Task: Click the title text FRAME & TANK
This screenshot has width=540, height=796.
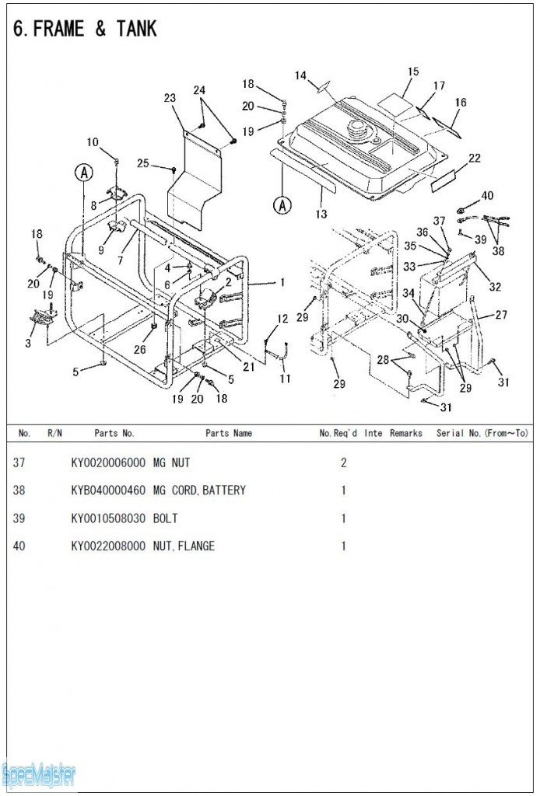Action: pyautogui.click(x=86, y=30)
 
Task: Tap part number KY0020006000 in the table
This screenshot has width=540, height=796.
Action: pyautogui.click(x=107, y=463)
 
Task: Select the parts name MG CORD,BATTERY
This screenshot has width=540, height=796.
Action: pyautogui.click(x=199, y=491)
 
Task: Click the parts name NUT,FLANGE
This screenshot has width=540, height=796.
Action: pyautogui.click(x=184, y=546)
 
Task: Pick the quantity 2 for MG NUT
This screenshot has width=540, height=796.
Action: pyautogui.click(x=343, y=463)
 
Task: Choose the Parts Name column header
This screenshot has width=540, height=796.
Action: pyautogui.click(x=229, y=434)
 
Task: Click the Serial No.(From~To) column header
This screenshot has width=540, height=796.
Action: pyautogui.click(x=482, y=434)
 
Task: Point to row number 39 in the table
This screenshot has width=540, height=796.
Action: pyautogui.click(x=19, y=518)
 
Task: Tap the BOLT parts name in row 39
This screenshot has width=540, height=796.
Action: pyautogui.click(x=166, y=518)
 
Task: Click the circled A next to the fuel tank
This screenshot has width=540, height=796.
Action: pyautogui.click(x=282, y=205)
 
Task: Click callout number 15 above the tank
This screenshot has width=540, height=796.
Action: pyautogui.click(x=412, y=72)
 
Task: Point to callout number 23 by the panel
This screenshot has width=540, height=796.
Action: pyautogui.click(x=170, y=98)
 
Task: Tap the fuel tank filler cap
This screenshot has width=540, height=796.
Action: pyautogui.click(x=357, y=128)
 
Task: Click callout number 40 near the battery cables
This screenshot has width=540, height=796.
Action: pyautogui.click(x=487, y=196)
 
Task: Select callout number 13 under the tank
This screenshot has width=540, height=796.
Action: pyautogui.click(x=321, y=215)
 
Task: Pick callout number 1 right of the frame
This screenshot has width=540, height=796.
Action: pyautogui.click(x=282, y=282)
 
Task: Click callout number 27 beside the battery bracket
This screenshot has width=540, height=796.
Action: pyautogui.click(x=501, y=316)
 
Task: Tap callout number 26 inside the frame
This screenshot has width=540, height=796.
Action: pyautogui.click(x=139, y=349)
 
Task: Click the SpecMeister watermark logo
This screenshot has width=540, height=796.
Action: pyautogui.click(x=39, y=774)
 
